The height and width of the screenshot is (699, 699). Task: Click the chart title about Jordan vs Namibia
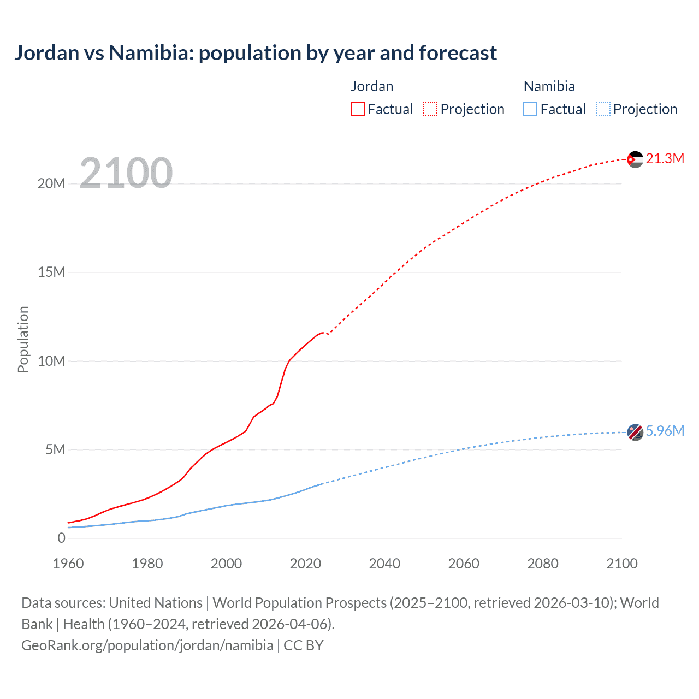click(x=256, y=53)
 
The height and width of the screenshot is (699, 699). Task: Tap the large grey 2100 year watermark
click(x=126, y=173)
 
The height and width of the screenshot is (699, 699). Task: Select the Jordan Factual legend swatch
click(x=357, y=109)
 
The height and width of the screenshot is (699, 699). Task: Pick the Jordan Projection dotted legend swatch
click(x=430, y=109)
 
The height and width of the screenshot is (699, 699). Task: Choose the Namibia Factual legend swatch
click(x=530, y=109)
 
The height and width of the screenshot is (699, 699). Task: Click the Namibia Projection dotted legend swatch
click(x=603, y=109)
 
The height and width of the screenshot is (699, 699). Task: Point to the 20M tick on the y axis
click(x=51, y=183)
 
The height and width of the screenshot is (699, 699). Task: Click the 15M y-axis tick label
click(x=51, y=272)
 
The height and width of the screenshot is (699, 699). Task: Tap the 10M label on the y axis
click(x=51, y=361)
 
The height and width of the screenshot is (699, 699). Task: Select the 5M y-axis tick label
click(x=55, y=449)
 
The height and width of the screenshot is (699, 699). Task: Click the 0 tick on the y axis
click(x=61, y=538)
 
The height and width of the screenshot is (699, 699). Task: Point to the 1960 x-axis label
click(x=68, y=564)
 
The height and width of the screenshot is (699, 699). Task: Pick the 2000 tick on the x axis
click(x=226, y=564)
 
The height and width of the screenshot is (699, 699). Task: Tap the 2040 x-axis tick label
click(x=384, y=564)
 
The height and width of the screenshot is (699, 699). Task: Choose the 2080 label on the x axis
click(x=543, y=564)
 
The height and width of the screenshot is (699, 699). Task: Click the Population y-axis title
click(x=23, y=339)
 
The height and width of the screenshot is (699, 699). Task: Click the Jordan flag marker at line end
click(x=635, y=159)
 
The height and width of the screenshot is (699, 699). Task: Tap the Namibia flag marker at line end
click(x=635, y=432)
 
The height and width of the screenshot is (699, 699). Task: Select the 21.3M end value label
click(x=665, y=158)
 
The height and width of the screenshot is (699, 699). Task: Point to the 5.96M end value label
click(x=665, y=431)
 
